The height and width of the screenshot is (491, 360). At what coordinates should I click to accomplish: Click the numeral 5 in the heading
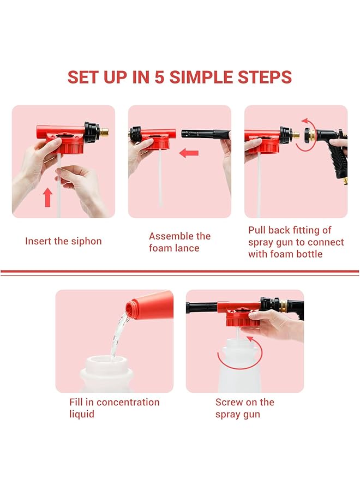pyautogui.click(x=159, y=77)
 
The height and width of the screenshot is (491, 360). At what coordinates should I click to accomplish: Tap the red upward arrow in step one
pyautogui.click(x=48, y=196)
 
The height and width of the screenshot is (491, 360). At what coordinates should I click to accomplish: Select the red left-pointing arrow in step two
pyautogui.click(x=189, y=153)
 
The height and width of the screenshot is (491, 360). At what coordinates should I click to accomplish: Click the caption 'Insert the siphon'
pyautogui.click(x=63, y=241)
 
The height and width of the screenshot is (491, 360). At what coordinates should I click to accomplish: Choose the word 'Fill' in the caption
pyautogui.click(x=76, y=403)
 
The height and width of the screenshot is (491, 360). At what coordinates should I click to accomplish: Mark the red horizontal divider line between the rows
pyautogui.click(x=180, y=271)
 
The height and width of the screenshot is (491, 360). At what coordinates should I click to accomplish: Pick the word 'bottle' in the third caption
pyautogui.click(x=309, y=254)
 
